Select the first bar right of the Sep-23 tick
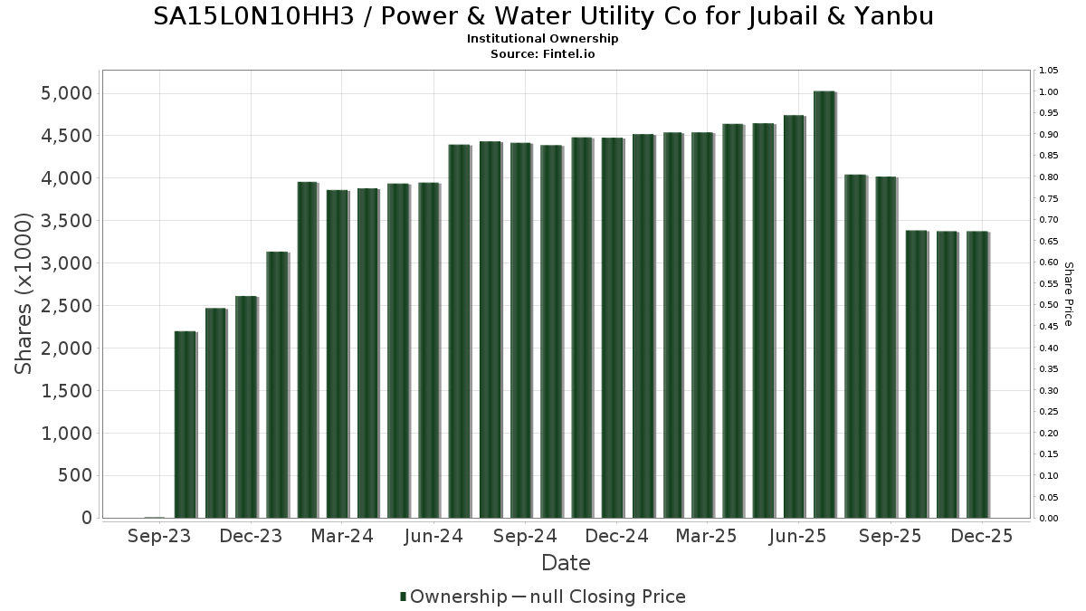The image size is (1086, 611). pyautogui.click(x=185, y=425)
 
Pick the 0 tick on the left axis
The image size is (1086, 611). pyautogui.click(x=87, y=518)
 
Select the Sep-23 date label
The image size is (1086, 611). pyautogui.click(x=160, y=537)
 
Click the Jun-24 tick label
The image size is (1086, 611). pyautogui.click(x=434, y=537)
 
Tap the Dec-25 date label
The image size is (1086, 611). pyautogui.click(x=982, y=537)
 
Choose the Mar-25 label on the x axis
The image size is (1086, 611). pyautogui.click(x=708, y=537)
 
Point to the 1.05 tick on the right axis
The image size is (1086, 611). pyautogui.click(x=1048, y=71)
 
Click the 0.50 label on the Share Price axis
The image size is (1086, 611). pyautogui.click(x=1048, y=305)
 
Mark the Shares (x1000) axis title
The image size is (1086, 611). pyautogui.click(x=24, y=294)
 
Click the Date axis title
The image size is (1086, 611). pyautogui.click(x=566, y=563)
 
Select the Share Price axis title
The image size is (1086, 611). pyautogui.click(x=1068, y=294)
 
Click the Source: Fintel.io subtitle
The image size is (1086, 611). pyautogui.click(x=543, y=53)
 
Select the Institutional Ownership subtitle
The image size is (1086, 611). pyautogui.click(x=543, y=39)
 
